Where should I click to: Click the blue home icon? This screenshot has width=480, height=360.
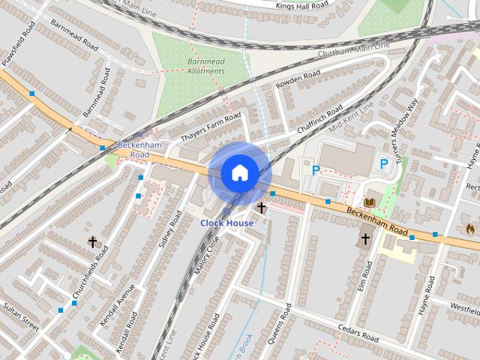tap(239, 173)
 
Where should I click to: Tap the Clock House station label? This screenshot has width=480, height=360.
tap(226, 223)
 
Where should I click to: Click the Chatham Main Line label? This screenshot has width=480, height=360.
tap(354, 50)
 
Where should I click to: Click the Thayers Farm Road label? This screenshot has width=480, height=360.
tap(211, 127)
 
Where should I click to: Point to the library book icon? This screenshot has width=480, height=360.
tap(369, 202)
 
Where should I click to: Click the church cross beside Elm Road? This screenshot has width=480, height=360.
tap(365, 238)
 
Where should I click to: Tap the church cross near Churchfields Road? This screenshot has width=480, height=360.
tap(93, 241)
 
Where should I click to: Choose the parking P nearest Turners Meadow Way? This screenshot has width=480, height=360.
tap(384, 163)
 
